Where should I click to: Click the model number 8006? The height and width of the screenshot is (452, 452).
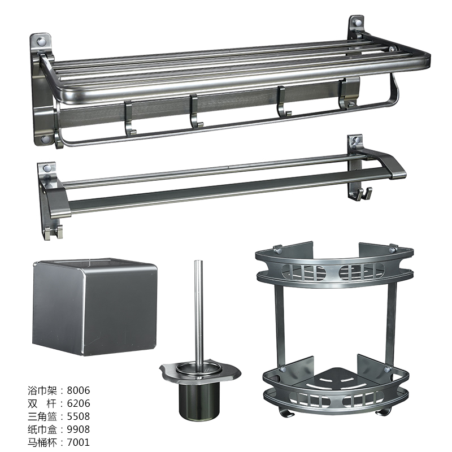79,390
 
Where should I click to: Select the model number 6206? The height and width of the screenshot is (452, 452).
79,403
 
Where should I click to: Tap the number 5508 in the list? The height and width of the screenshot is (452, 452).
79,416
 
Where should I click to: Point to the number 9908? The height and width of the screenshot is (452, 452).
79,429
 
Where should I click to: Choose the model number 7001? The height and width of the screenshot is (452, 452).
79,442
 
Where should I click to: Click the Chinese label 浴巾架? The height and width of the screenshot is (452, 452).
42,390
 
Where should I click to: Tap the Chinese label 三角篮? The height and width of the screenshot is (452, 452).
42,416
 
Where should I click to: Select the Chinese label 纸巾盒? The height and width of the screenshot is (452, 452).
42,429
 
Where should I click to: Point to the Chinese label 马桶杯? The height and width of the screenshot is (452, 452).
42,442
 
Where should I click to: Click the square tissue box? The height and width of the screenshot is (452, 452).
95,307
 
